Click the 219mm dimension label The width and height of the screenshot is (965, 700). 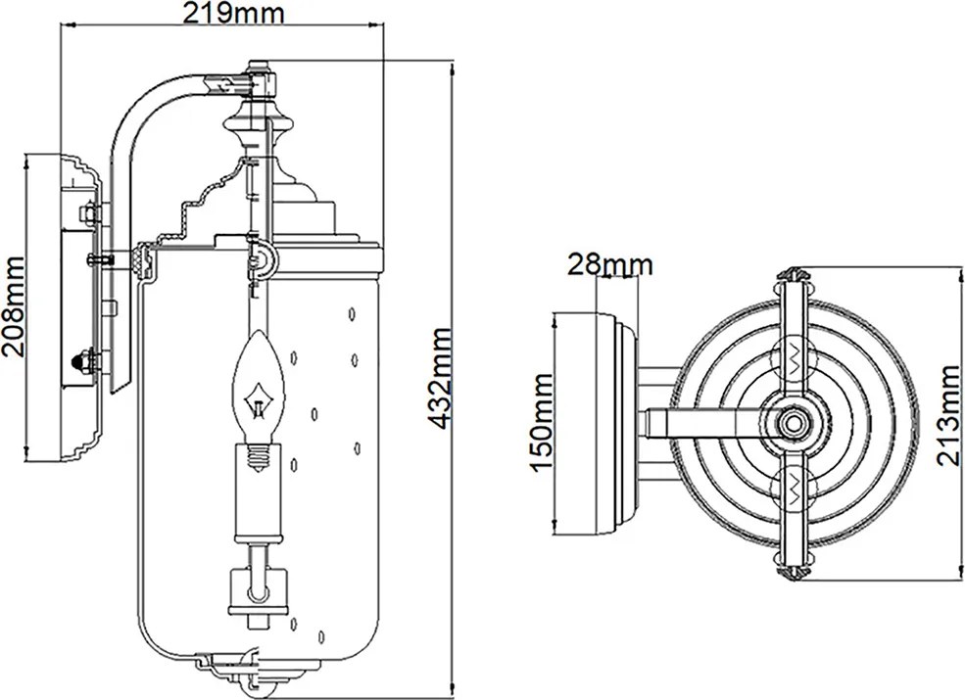click(232, 13)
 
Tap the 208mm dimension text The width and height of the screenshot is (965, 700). click(13, 305)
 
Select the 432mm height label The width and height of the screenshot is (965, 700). click(440, 378)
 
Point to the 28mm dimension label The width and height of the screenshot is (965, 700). click(609, 265)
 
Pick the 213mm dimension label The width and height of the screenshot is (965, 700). click(947, 415)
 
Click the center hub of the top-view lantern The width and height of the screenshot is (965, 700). click(793, 423)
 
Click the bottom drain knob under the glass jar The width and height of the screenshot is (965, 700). click(258, 687)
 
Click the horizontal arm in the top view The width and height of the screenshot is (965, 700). click(707, 423)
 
